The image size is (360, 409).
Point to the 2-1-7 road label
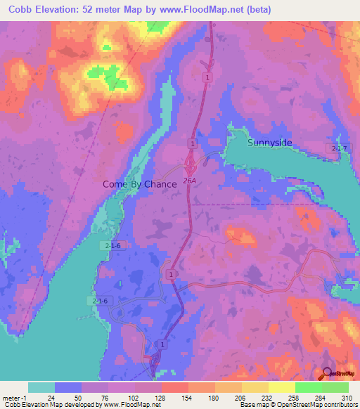[x=340, y=147]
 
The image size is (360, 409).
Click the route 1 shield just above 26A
[x=191, y=143]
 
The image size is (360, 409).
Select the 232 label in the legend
[x=242, y=397]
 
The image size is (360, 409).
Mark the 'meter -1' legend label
[x=14, y=397]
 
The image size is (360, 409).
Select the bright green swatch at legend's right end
[x=335, y=387]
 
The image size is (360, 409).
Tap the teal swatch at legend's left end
[x=41, y=387]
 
